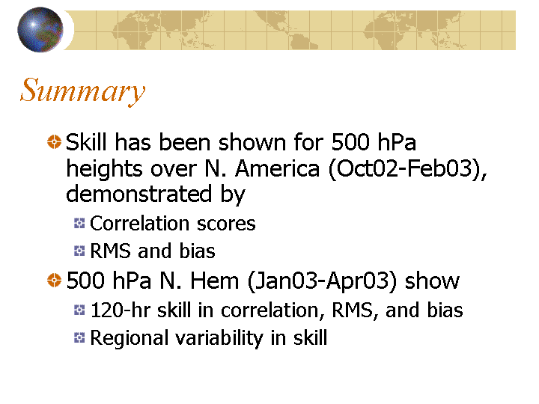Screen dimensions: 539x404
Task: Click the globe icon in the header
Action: (40, 29)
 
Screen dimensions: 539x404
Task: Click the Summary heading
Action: (82, 91)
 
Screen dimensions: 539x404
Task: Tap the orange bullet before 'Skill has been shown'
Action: (54, 142)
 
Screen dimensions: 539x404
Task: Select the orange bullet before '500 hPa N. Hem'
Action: (54, 280)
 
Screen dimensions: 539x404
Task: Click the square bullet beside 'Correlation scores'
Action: (79, 223)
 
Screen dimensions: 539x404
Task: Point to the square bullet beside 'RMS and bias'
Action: (79, 251)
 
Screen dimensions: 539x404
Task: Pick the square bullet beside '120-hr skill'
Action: (79, 310)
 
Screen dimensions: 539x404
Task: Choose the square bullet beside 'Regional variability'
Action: (79, 337)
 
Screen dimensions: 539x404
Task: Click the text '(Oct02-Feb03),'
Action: (408, 169)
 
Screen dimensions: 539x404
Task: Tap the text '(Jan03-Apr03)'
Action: (322, 281)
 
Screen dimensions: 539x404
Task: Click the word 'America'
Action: (277, 168)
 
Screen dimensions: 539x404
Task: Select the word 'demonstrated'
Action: (138, 194)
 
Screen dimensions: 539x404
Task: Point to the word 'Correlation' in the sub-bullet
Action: (139, 223)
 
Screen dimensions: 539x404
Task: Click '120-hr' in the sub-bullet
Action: (121, 310)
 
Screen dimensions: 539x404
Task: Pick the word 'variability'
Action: (219, 338)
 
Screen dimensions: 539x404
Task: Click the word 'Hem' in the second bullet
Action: (215, 281)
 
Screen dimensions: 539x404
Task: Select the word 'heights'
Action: (104, 169)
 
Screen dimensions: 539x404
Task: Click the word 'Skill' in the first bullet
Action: (86, 142)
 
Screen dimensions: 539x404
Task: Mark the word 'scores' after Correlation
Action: (226, 224)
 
